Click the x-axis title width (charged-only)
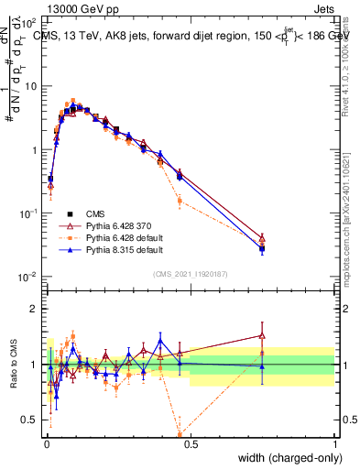point(286,458)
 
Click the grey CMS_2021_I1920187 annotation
point(191,273)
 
